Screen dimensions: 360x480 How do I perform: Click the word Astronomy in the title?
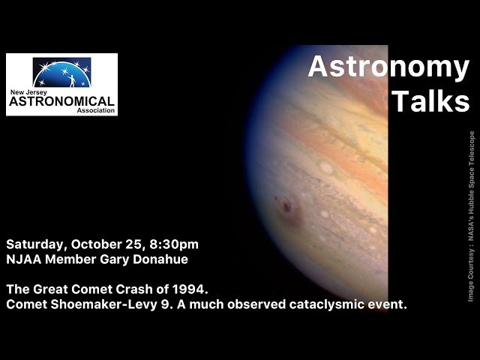(x=388, y=67)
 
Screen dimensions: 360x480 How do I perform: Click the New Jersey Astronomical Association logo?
(x=61, y=85)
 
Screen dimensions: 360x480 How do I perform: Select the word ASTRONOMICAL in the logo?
(x=61, y=100)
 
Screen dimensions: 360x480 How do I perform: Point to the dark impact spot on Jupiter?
(x=286, y=205)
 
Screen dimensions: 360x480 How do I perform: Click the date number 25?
(x=135, y=244)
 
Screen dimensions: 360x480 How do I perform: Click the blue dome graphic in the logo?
(x=61, y=73)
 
